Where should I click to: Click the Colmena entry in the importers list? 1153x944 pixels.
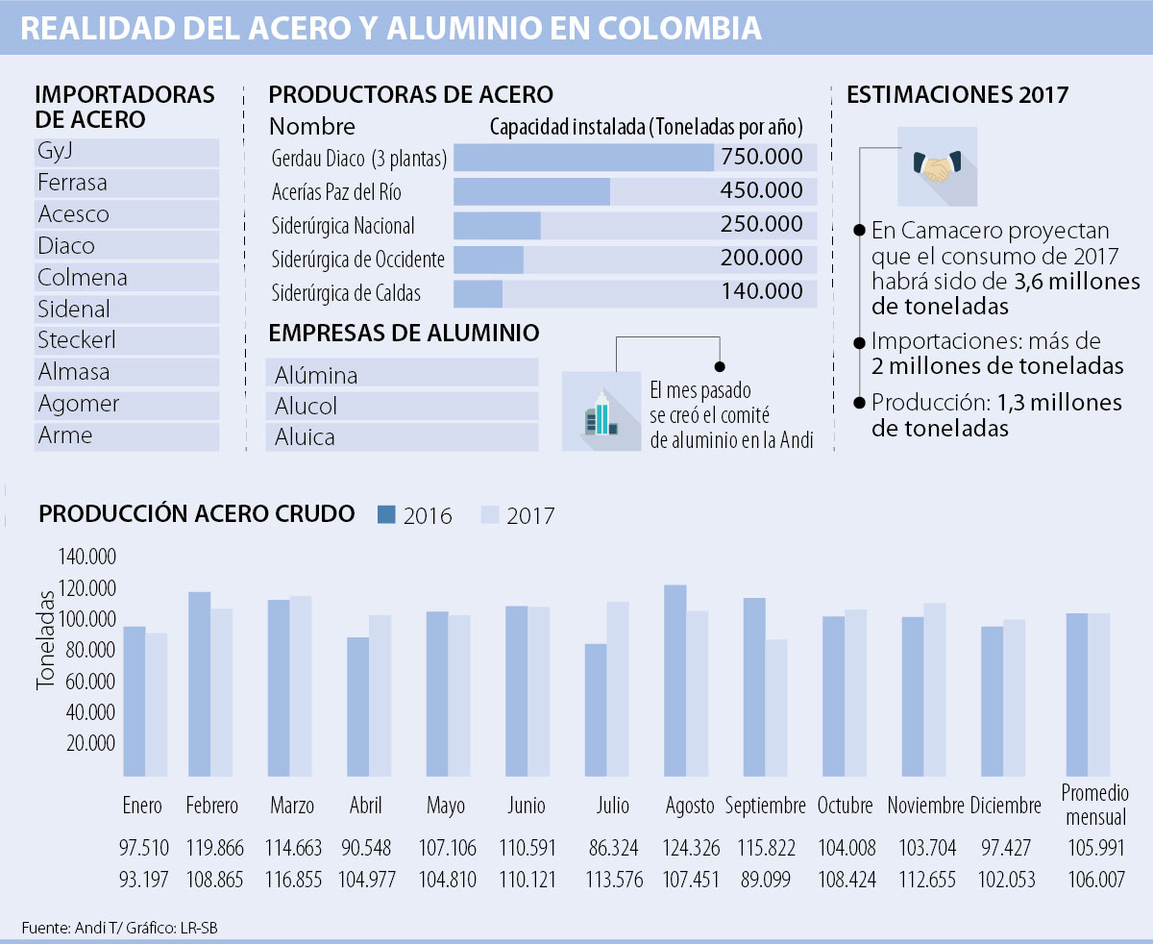coord(83,278)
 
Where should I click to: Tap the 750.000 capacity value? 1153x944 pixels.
coord(762,159)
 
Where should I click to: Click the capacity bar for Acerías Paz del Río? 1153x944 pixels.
coord(531,191)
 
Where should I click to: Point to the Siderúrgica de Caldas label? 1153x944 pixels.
coord(346,293)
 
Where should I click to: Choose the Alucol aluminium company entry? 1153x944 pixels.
coord(306,406)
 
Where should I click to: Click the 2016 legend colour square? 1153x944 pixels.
coord(387,514)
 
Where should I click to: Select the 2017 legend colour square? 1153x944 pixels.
coord(490,514)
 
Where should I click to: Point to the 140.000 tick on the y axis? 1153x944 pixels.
coord(86,558)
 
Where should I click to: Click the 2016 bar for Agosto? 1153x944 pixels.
coord(675,680)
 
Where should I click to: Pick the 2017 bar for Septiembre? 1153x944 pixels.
coord(776,707)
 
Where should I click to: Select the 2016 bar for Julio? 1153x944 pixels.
coord(596,709)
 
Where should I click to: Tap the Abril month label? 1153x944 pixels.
coord(365,806)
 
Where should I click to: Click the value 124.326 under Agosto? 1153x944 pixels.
coord(688,849)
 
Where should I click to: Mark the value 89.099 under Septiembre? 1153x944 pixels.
coord(766,881)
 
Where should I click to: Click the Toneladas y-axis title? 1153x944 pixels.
coord(45,639)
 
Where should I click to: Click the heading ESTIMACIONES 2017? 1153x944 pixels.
coord(957,95)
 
